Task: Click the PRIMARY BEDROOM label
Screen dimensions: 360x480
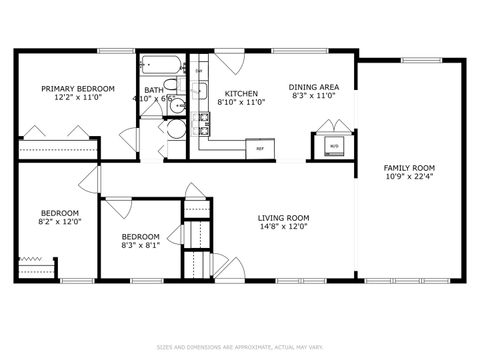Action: point(77,89)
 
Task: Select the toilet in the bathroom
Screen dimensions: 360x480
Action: point(177,127)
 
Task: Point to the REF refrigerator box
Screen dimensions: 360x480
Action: point(260,149)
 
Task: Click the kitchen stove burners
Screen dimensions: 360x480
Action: point(203,122)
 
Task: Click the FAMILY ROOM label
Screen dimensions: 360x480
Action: point(410,167)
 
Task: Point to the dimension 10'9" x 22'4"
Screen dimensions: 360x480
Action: point(410,177)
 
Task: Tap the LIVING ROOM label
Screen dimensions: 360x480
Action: point(283,218)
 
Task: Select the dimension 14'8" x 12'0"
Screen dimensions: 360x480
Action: point(283,228)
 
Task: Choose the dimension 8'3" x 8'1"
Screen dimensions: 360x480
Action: point(141,245)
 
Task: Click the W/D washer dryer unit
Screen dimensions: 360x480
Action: point(334,146)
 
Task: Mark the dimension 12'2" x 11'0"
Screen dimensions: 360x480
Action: point(77,99)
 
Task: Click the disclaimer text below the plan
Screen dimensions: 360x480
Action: point(239,347)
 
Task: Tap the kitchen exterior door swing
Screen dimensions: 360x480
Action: point(231,62)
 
